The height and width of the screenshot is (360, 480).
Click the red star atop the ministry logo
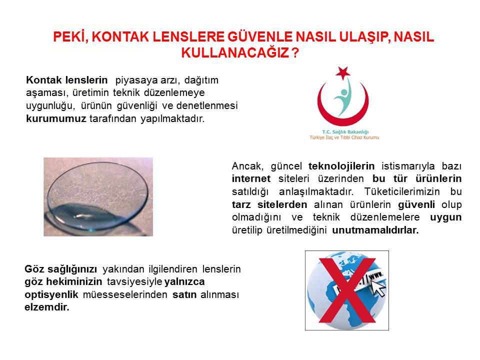343,73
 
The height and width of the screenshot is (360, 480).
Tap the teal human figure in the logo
343,97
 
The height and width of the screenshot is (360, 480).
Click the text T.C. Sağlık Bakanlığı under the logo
345,132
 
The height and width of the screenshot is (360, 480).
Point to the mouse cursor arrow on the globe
378,288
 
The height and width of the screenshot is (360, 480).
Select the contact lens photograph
98,197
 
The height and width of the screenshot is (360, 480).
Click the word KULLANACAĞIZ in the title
235,52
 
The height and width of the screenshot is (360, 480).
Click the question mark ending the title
295,52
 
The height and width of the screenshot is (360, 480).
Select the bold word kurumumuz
56,118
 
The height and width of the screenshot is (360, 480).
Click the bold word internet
251,178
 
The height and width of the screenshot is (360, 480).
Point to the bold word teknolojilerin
341,166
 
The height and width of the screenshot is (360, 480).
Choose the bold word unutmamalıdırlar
375,230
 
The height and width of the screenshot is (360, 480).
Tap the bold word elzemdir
47,307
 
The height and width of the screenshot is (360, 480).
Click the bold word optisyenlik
51,294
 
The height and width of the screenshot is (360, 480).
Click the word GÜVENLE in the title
260,36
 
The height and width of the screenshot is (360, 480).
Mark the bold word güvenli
416,204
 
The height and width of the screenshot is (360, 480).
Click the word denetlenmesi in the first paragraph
207,105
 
